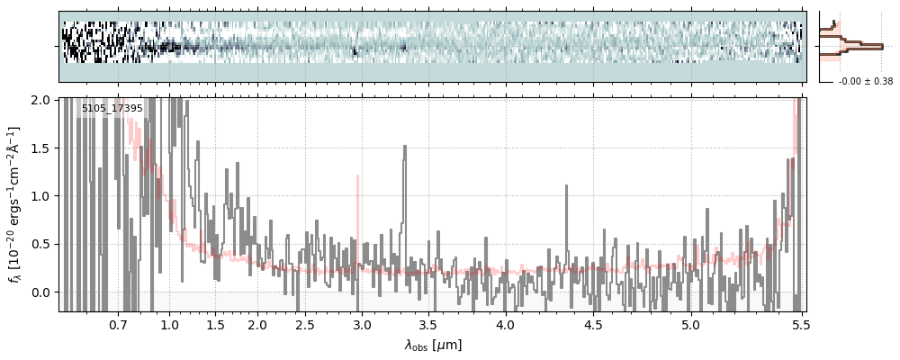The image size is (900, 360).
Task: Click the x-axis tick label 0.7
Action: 118,324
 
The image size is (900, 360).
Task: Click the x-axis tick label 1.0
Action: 169,324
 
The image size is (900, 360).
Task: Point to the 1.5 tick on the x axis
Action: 215,324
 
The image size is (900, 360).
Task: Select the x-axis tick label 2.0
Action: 257,324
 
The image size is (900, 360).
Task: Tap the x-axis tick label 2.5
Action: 304,324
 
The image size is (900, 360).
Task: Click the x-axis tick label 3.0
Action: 361,324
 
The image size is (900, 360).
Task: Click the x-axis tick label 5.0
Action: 690,324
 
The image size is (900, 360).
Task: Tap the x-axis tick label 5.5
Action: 796,324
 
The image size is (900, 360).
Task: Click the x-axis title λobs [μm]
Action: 432,345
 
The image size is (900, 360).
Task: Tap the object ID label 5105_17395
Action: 112,108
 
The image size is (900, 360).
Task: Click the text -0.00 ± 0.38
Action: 865,81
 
